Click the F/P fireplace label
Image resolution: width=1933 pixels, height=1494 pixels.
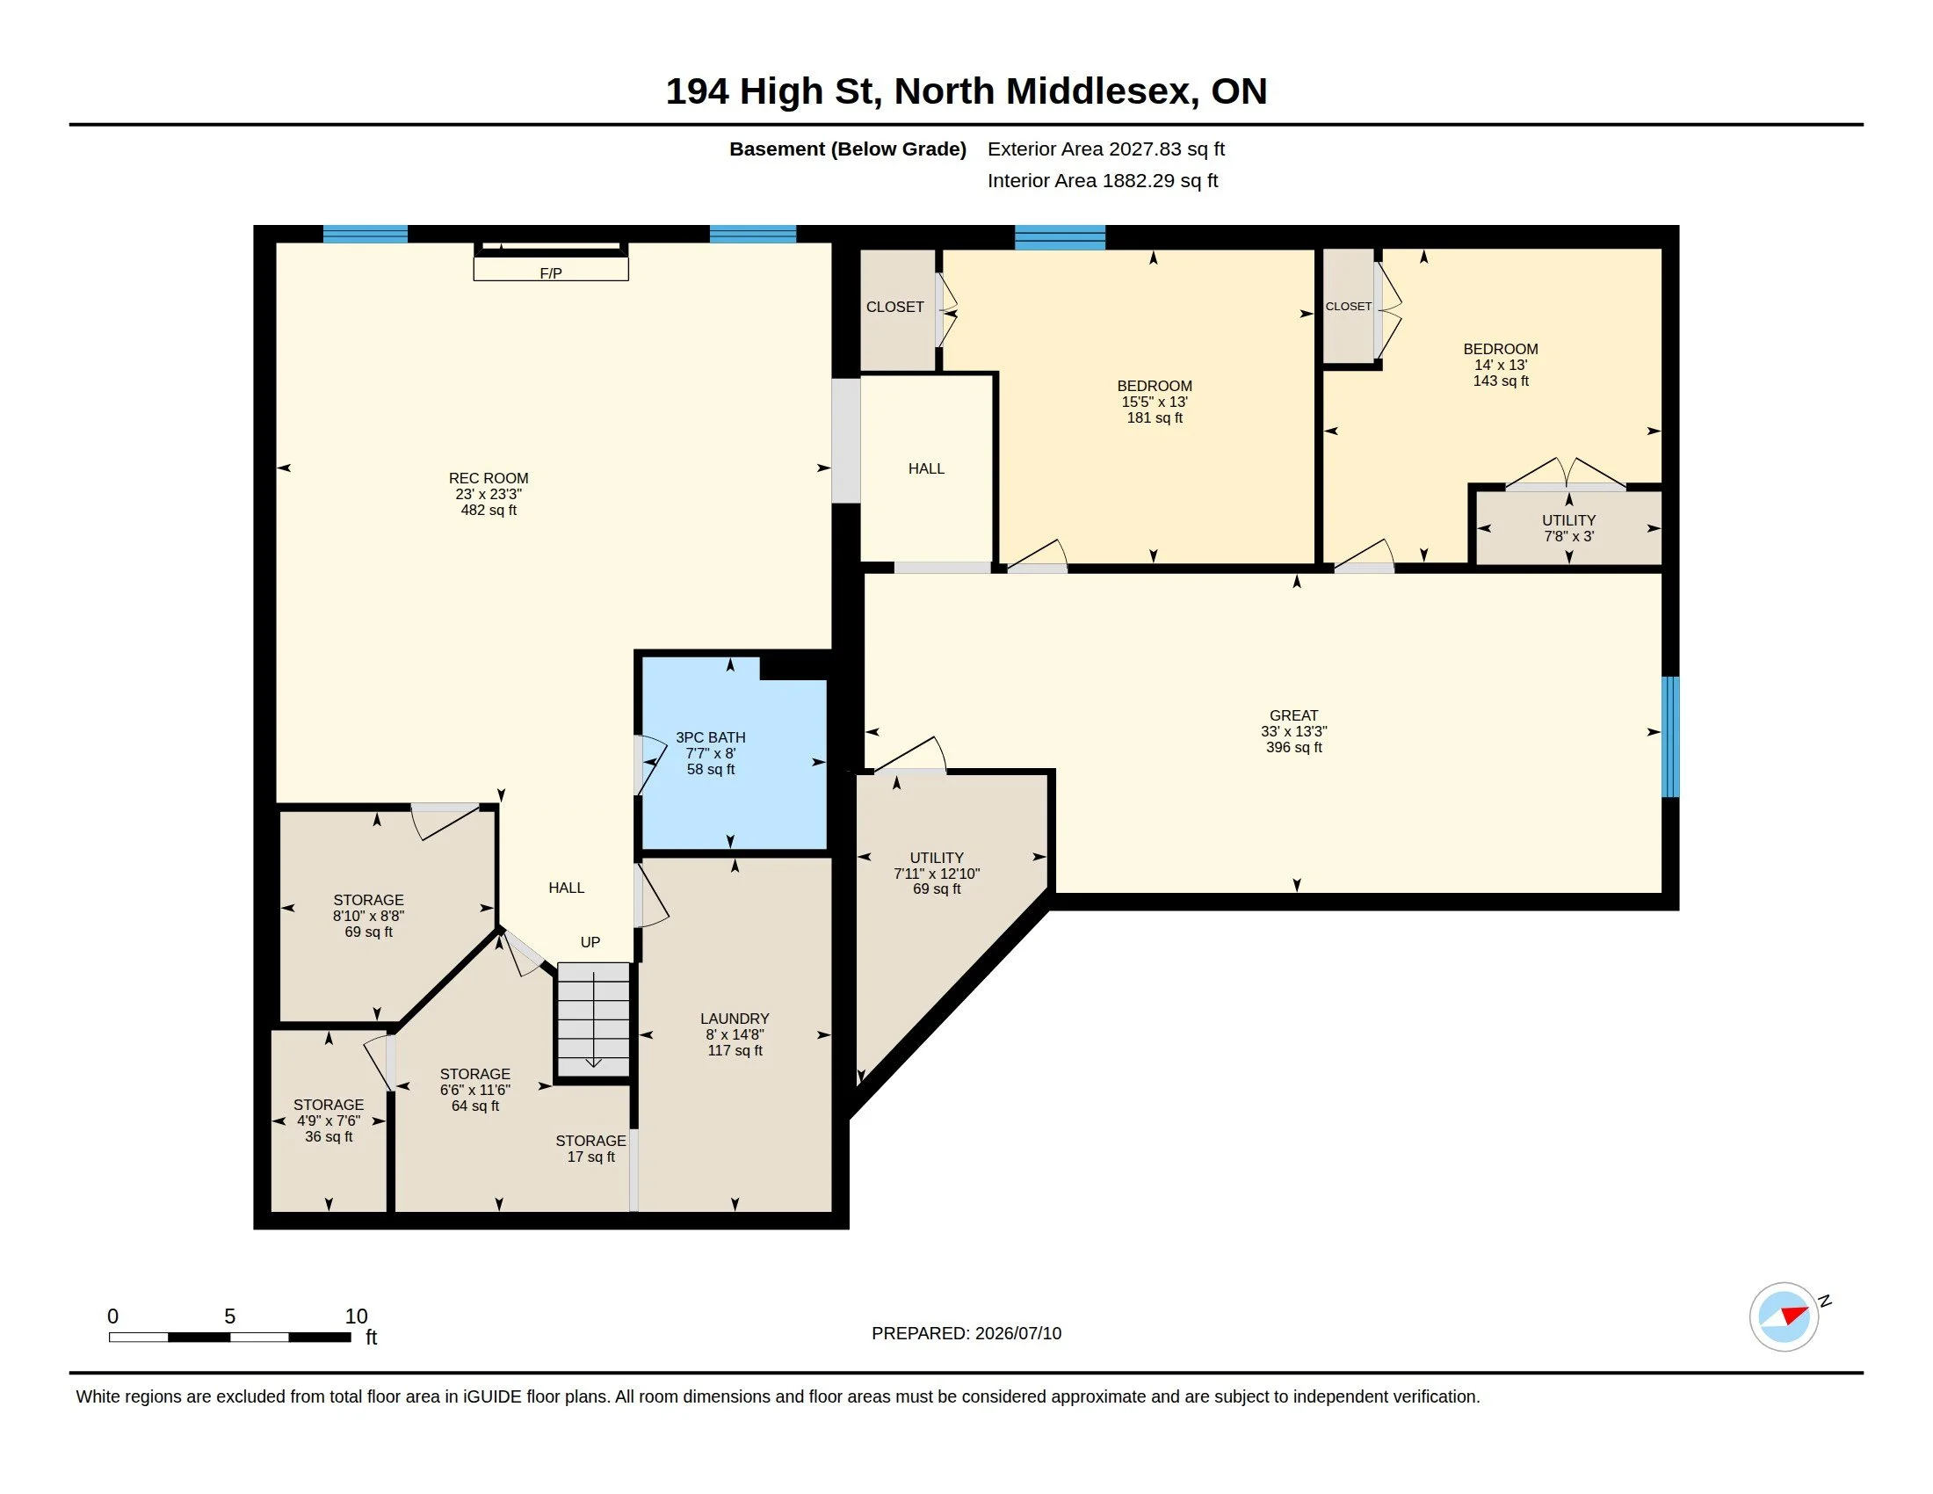coord(551,273)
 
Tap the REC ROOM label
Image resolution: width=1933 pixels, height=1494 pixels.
coord(489,478)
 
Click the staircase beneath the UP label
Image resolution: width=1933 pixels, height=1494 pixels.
coord(593,1019)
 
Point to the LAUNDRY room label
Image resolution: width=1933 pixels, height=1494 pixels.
coord(735,1019)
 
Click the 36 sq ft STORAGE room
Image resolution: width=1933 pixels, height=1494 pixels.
coord(329,1120)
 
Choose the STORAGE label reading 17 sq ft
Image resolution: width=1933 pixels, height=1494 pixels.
coord(590,1141)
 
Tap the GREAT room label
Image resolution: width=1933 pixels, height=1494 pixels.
coord(1294,715)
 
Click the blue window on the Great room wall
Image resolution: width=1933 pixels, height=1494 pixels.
coord(1670,737)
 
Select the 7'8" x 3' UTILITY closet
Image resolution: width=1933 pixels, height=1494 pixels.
coord(1568,527)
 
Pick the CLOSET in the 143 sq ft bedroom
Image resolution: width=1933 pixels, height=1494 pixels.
coord(1348,306)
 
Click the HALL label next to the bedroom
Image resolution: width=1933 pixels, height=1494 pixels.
coord(926,468)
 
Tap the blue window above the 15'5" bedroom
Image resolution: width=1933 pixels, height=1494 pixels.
coord(1060,237)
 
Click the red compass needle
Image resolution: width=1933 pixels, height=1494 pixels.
coord(1795,1315)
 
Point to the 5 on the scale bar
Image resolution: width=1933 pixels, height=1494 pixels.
coord(230,1316)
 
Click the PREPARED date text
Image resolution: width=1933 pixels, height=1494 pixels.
coord(966,1333)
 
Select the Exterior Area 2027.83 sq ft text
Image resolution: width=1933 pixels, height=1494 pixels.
coord(1106,149)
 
